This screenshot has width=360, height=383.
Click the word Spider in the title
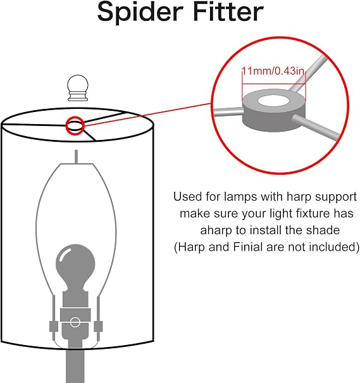coord(140,12)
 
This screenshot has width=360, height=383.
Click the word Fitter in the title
coord(228,11)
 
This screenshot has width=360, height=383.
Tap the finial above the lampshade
coord(77,88)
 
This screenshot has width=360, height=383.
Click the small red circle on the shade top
coord(75,125)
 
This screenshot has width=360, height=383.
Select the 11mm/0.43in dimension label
coord(273,72)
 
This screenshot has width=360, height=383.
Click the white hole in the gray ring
coord(273,101)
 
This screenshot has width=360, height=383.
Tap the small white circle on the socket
coord(75,322)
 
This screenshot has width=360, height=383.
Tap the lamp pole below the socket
coord(75,364)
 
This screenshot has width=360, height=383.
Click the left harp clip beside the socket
coord(54,327)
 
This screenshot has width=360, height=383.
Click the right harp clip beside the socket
coord(98,327)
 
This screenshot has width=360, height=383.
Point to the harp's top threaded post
coord(77,156)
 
